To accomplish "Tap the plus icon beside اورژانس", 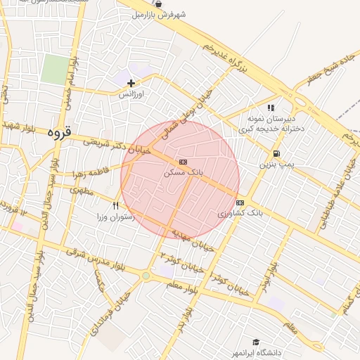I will click(131, 83).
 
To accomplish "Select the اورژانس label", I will click(131, 94).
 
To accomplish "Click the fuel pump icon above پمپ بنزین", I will click(276, 153).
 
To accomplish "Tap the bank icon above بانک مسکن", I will click(184, 162).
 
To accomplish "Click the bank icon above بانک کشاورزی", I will click(240, 202).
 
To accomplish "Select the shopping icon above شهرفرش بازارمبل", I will click(167, 4).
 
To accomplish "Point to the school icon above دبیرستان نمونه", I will click(271, 108).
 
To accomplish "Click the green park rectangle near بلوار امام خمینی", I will click(53, 70).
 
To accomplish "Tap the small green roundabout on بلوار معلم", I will click(146, 276).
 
